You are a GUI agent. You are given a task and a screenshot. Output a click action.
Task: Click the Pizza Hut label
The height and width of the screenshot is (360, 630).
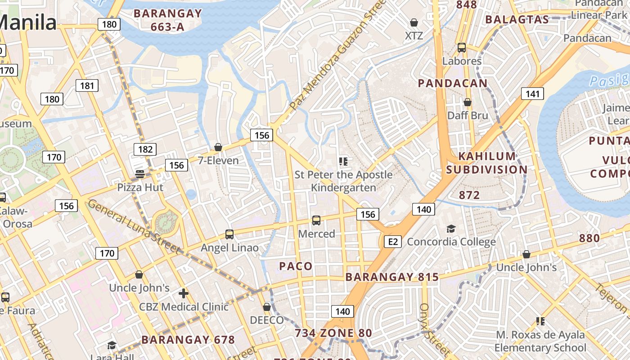point(140,187)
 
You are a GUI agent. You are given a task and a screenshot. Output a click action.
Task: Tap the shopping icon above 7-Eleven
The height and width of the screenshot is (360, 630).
point(218,147)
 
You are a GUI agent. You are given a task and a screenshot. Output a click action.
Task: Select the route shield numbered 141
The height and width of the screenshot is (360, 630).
point(532,94)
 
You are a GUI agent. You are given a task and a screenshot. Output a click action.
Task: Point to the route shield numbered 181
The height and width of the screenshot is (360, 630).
point(87,85)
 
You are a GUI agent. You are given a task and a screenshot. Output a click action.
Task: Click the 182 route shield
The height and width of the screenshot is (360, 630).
point(145,149)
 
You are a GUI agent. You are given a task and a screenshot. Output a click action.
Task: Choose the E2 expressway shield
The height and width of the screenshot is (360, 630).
point(393,242)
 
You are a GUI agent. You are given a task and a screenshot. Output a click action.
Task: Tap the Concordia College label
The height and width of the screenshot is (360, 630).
point(451,242)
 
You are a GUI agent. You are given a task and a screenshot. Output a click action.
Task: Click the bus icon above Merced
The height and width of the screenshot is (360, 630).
point(316,220)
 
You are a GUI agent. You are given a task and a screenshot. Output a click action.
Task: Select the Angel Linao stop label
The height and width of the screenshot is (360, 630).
point(229,247)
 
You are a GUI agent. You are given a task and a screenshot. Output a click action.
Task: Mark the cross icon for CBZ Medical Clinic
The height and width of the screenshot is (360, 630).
point(183,293)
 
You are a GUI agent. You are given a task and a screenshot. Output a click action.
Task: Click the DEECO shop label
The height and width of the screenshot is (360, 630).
point(267,320)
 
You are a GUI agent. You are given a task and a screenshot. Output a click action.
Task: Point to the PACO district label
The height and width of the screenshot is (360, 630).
point(296,266)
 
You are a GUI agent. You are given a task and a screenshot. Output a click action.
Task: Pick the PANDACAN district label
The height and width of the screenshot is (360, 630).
point(453,83)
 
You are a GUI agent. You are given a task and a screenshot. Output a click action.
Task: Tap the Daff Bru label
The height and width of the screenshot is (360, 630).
point(468,115)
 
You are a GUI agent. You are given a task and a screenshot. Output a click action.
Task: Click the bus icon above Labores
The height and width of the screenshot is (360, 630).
point(461,48)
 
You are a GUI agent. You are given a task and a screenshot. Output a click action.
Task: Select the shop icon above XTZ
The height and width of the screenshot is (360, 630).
point(414,22)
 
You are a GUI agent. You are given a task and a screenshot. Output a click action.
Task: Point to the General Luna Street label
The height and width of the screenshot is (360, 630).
point(134,227)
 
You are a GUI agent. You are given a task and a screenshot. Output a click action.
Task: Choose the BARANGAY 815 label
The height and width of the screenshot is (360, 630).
point(392,277)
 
